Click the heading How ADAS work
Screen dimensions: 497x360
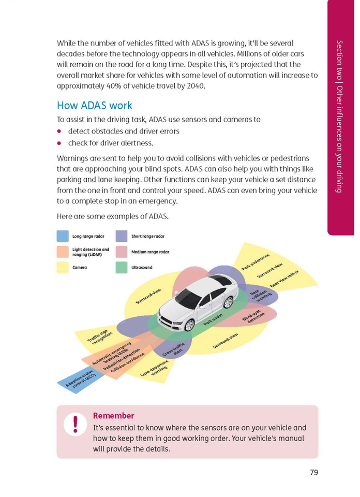[x=94, y=105]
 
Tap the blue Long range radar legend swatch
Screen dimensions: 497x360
[x=63, y=236]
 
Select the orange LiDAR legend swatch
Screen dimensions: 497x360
[x=63, y=252]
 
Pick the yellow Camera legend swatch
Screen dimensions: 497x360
[x=63, y=267]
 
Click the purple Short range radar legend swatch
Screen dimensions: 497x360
[x=122, y=236]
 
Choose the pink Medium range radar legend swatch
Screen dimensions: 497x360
[x=122, y=252]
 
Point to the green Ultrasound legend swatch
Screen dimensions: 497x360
[x=122, y=267]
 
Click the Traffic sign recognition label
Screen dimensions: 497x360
[x=100, y=338]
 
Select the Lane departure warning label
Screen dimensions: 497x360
[x=155, y=369]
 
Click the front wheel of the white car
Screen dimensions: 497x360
[x=189, y=325]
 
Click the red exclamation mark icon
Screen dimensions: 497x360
[x=76, y=424]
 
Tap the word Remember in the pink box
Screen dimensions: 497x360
[x=113, y=416]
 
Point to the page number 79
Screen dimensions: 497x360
[x=314, y=472]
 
